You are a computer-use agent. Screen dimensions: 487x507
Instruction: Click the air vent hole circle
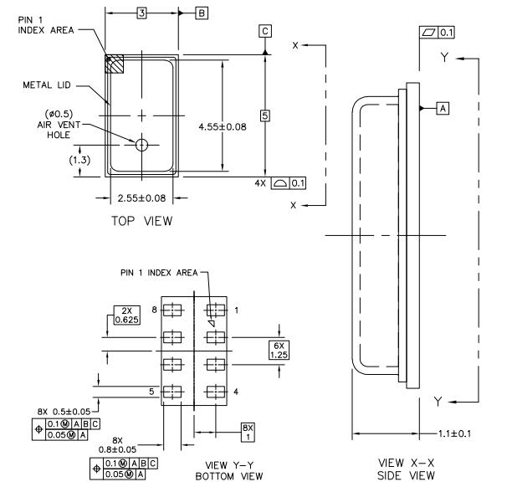click(141, 144)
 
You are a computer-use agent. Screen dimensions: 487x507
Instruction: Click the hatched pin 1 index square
click(112, 64)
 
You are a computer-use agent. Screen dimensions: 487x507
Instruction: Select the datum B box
click(202, 13)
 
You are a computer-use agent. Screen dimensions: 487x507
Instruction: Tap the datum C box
click(265, 31)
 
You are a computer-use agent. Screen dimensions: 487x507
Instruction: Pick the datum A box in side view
click(443, 108)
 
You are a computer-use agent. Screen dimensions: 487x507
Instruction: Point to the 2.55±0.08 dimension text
click(141, 200)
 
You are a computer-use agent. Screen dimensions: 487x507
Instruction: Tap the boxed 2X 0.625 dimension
click(125, 315)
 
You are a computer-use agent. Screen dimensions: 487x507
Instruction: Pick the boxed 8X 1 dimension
click(247, 432)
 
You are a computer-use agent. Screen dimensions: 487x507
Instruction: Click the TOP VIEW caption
click(141, 221)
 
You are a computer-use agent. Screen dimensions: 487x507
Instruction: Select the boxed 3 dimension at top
click(141, 13)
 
